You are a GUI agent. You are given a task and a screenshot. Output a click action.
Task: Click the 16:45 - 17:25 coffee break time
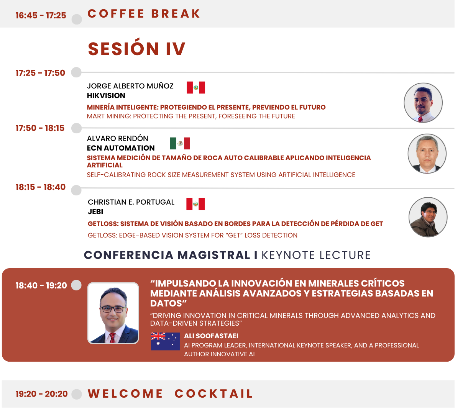click(41, 15)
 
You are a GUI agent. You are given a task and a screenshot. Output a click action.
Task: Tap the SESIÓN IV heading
click(136, 49)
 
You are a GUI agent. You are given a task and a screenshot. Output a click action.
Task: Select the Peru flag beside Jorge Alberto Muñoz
click(196, 88)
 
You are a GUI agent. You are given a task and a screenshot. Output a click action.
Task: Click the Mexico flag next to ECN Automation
click(180, 143)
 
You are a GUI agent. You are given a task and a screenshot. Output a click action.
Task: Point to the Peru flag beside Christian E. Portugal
click(195, 204)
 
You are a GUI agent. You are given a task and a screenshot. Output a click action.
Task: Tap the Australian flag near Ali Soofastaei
click(165, 341)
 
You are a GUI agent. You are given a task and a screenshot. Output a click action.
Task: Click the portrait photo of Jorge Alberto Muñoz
click(423, 103)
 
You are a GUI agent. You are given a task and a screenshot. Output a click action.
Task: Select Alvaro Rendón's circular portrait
click(427, 154)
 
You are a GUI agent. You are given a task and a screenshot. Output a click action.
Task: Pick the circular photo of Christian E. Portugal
click(428, 217)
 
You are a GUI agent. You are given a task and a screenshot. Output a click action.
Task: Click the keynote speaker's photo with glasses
click(113, 313)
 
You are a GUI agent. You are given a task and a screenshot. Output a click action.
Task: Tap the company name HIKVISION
click(106, 95)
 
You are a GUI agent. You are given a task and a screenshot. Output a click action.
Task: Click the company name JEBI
click(95, 211)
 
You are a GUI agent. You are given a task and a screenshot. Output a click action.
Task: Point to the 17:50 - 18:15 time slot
click(40, 128)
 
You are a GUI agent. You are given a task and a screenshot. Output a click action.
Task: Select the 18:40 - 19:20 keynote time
click(41, 285)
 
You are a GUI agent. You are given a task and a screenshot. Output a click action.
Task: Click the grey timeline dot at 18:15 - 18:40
click(76, 190)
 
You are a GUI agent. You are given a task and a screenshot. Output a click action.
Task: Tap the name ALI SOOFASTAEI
click(211, 336)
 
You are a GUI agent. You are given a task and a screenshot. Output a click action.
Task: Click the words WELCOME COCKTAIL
click(170, 393)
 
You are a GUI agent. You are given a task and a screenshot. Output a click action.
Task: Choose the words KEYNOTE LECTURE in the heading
click(316, 255)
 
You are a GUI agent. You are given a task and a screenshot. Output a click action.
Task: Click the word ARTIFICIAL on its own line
click(105, 165)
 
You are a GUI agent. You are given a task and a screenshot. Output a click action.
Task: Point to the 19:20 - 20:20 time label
click(42, 394)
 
